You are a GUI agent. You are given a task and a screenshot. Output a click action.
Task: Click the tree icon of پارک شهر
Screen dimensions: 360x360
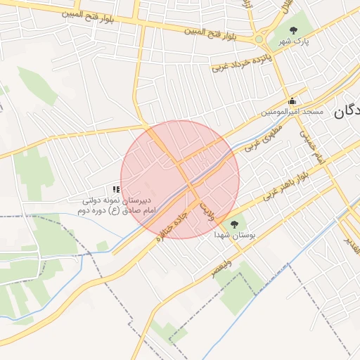tap(293, 30)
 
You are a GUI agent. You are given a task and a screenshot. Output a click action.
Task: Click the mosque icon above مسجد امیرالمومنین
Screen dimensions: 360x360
tap(292, 101)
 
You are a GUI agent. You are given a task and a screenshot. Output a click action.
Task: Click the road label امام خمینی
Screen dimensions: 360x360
tap(311, 145)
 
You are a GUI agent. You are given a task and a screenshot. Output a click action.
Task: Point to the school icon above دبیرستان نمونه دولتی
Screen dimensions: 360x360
tap(116, 189)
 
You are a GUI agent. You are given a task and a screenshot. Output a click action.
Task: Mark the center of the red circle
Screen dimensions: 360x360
tap(180, 179)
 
